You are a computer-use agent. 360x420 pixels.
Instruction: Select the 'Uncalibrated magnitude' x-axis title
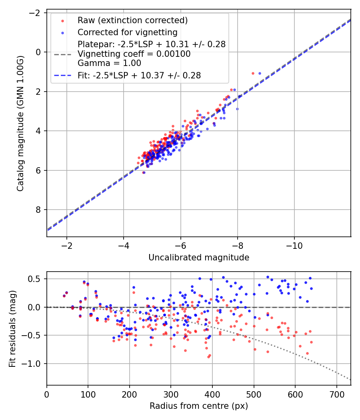coord(199,258)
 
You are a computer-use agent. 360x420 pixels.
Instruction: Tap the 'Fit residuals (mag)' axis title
coord(12,328)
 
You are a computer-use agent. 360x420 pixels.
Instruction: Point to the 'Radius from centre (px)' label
coord(199,406)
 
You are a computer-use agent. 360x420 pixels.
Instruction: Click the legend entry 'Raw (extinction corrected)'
coord(132,20)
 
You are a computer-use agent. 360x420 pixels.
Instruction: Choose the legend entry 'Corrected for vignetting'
coord(128,32)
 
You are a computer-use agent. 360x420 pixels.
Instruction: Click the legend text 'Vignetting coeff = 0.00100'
coord(134,54)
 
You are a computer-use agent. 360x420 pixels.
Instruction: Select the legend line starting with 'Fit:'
coord(139,75)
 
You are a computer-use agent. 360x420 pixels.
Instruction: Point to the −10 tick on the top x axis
coord(294,245)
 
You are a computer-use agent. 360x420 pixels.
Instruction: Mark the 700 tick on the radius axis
coord(336,393)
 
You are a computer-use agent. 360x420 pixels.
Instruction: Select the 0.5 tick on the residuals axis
coord(37,279)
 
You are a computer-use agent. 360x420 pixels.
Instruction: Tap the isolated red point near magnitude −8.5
coord(253,73)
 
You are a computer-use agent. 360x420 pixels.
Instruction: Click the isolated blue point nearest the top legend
coord(260,73)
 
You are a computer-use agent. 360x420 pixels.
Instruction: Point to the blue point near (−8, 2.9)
coord(237,109)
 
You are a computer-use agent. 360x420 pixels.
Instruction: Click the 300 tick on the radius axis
coord(171,393)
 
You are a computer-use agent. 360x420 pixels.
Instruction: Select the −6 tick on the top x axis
coord(181,245)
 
